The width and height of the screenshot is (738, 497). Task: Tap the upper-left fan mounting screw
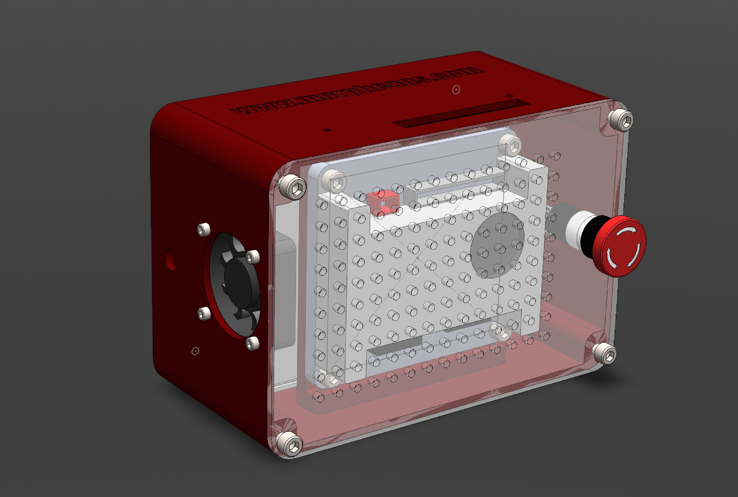coord(204,229)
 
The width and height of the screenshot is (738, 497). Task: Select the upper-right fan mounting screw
coord(253,257)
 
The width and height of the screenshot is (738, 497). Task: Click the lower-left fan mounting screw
coord(204,314)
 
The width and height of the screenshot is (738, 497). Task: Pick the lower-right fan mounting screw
coord(253,343)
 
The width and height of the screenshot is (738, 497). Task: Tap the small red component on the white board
coord(383,202)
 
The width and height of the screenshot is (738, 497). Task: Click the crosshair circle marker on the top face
coord(456,90)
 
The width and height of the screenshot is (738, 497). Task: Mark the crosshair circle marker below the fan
coord(195,351)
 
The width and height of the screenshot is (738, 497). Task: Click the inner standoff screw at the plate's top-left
coord(334,181)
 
